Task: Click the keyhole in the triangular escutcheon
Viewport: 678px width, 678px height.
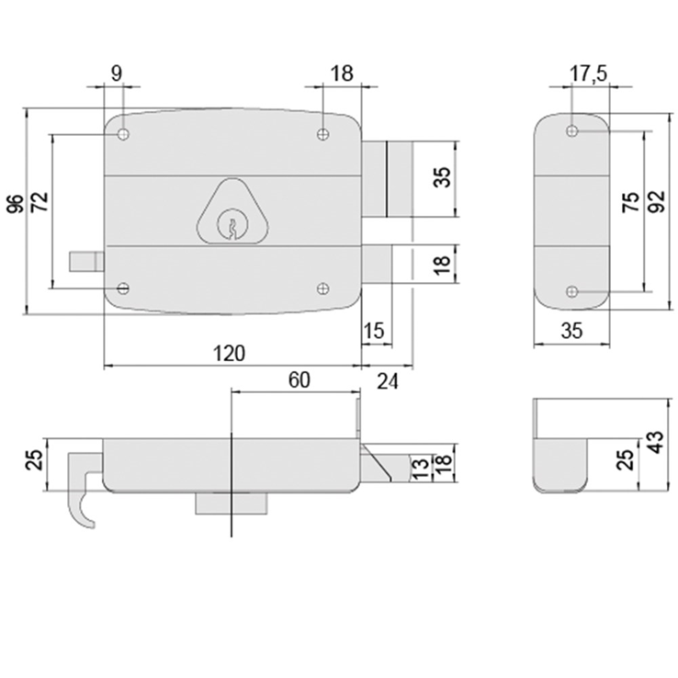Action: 233,224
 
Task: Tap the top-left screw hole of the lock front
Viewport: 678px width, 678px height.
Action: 123,135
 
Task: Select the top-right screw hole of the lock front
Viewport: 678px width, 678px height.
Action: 322,135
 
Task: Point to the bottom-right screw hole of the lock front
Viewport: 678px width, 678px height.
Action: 322,288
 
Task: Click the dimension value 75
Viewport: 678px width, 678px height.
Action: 631,204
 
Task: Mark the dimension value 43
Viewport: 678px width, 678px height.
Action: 655,443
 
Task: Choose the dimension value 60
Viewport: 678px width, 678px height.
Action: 300,379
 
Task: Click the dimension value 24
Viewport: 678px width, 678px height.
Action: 389,379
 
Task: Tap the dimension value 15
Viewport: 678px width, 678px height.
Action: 373,331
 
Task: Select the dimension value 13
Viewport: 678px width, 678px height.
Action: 418,467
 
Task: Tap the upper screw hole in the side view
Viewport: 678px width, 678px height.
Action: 572,132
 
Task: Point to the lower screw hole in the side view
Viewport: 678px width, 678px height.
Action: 572,292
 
